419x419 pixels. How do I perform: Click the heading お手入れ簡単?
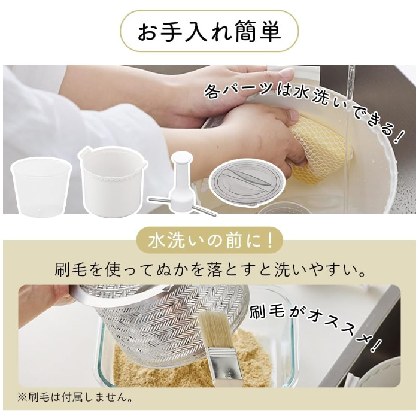point(209,31)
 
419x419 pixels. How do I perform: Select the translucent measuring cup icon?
point(41,187)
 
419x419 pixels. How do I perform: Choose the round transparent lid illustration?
point(247,181)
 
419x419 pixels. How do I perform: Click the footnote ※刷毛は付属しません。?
point(75,397)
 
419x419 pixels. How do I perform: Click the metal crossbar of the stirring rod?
point(182,206)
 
